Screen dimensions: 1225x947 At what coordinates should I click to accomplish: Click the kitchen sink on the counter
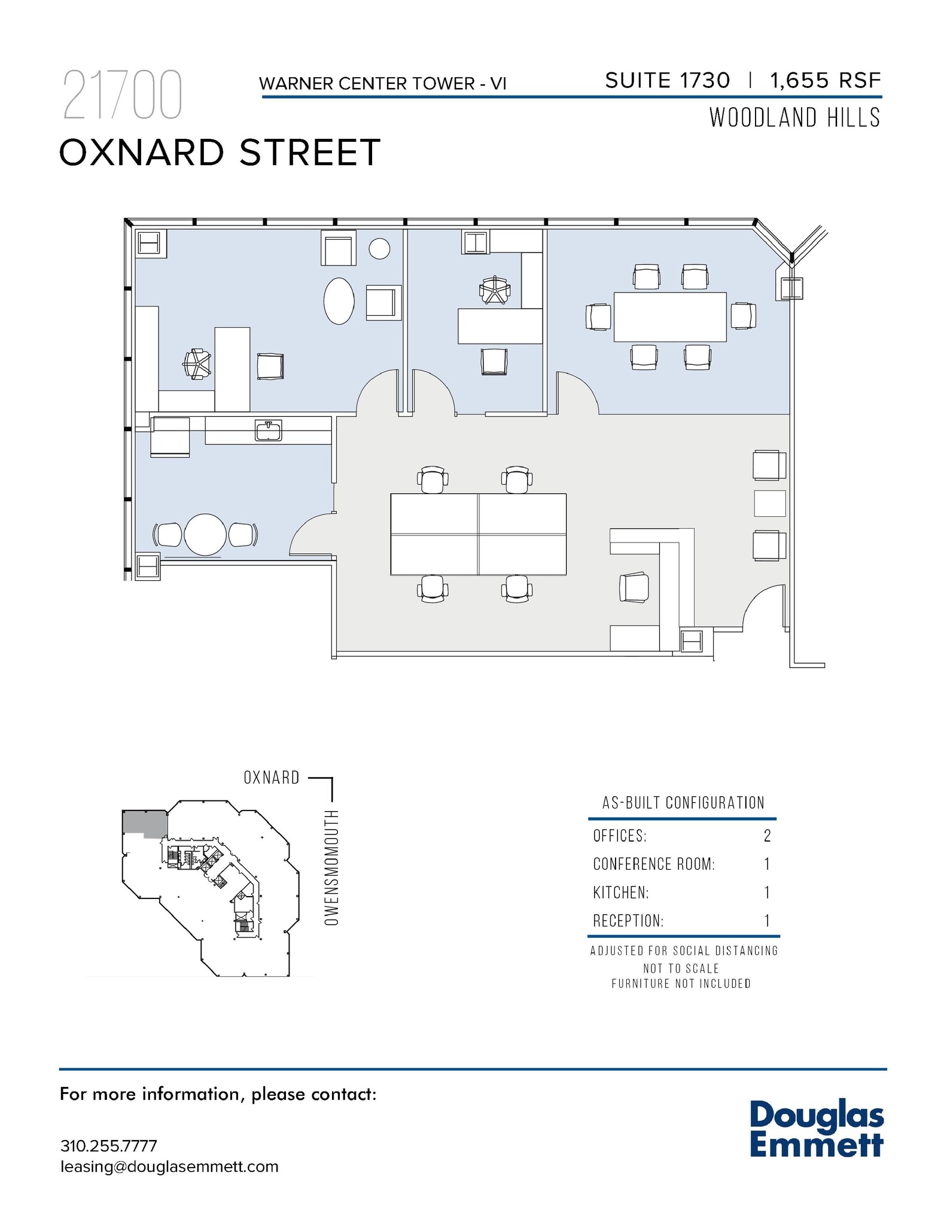click(269, 430)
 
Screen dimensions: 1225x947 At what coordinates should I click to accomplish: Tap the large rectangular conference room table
click(670, 316)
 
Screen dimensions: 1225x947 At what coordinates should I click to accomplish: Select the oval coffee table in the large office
click(339, 301)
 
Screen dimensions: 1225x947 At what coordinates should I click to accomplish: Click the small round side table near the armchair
click(379, 248)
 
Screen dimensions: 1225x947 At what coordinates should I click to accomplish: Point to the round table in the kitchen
click(205, 534)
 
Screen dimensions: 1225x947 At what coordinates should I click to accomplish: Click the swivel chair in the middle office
click(495, 291)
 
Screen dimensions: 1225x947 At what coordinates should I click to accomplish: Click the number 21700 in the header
click(122, 96)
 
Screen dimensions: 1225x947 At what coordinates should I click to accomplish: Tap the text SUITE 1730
click(667, 81)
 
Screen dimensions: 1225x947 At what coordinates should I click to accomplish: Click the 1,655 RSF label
click(826, 81)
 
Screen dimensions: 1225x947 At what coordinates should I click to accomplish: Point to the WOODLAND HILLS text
click(794, 118)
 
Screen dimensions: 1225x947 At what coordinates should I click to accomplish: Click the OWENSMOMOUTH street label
click(331, 868)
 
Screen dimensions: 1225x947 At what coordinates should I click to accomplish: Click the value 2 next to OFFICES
click(767, 836)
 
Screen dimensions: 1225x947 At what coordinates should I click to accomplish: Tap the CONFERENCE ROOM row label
click(653, 864)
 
